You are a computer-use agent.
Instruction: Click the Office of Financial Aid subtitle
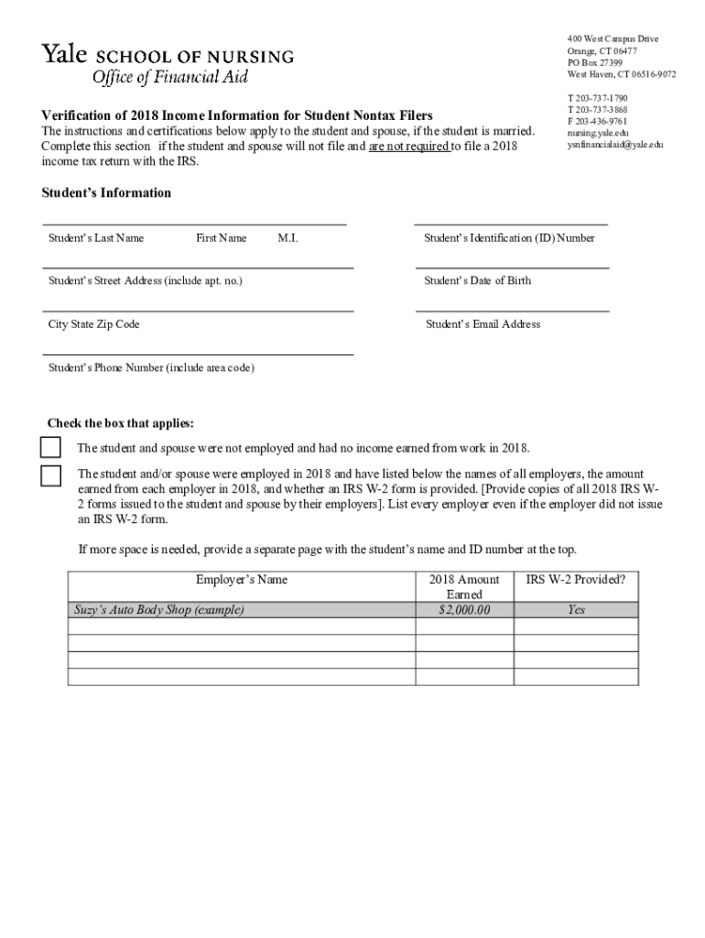coord(169,77)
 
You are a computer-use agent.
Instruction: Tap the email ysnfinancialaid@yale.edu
coord(615,145)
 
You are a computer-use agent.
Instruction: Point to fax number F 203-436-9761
coord(597,121)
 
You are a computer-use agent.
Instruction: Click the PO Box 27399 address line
coord(594,62)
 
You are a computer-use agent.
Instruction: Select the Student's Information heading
coord(106,193)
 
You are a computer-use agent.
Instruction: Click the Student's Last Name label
coord(96,238)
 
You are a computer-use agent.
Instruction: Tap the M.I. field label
coord(287,238)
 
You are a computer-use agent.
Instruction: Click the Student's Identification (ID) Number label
coord(509,238)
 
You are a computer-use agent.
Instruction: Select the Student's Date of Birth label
coord(477,280)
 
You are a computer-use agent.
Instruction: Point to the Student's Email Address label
coord(483,324)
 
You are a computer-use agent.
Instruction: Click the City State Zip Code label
coord(94,324)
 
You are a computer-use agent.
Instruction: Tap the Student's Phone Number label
coord(151,368)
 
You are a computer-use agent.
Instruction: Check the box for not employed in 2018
coord(50,448)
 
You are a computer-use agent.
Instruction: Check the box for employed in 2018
coord(50,475)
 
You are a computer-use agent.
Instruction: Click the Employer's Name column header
coord(242,580)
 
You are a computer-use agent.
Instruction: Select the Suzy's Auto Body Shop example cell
coord(159,610)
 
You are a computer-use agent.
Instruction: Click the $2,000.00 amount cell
coord(464,610)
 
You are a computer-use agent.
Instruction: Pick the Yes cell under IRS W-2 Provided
coord(575,610)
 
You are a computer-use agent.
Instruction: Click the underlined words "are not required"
coord(408,147)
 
